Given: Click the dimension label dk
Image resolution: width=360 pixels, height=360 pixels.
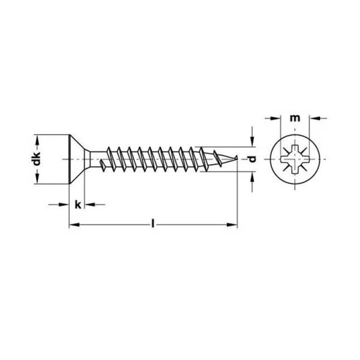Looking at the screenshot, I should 37,160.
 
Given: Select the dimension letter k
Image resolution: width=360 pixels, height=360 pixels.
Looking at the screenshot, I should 77,205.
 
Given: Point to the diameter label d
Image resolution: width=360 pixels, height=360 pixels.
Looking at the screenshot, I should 253,160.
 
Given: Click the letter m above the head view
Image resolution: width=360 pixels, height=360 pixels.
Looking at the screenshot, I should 294,119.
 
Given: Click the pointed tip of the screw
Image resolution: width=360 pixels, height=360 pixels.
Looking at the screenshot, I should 237,160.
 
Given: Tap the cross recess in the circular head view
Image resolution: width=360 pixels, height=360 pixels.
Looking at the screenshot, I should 294,160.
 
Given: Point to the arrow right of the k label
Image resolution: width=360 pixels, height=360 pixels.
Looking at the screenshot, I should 89,205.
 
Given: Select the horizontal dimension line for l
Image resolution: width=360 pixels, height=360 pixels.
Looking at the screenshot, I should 120,225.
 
